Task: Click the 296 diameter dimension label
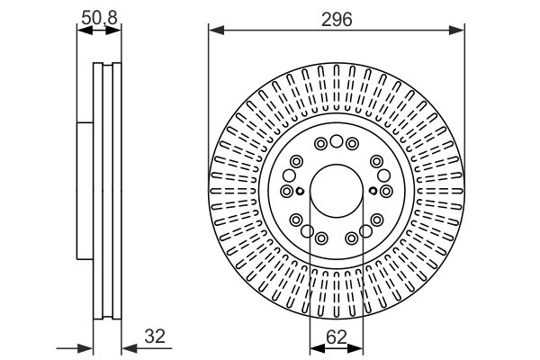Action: [337, 18]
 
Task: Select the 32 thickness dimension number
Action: [155, 337]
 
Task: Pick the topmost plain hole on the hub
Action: [336, 141]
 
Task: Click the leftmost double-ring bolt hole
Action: [286, 191]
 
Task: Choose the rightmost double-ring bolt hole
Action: [385, 191]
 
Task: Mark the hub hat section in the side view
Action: [85, 190]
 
